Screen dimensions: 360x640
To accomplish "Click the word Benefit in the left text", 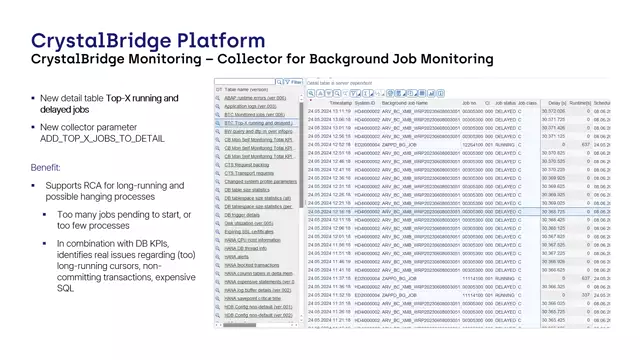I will pos(45,167).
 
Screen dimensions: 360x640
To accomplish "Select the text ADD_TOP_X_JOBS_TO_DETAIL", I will pos(102,139).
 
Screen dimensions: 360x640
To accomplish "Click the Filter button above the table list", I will pos(293,85).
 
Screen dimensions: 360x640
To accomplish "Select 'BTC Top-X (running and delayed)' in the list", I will pos(258,123).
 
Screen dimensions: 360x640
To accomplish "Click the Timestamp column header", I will pos(341,102).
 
